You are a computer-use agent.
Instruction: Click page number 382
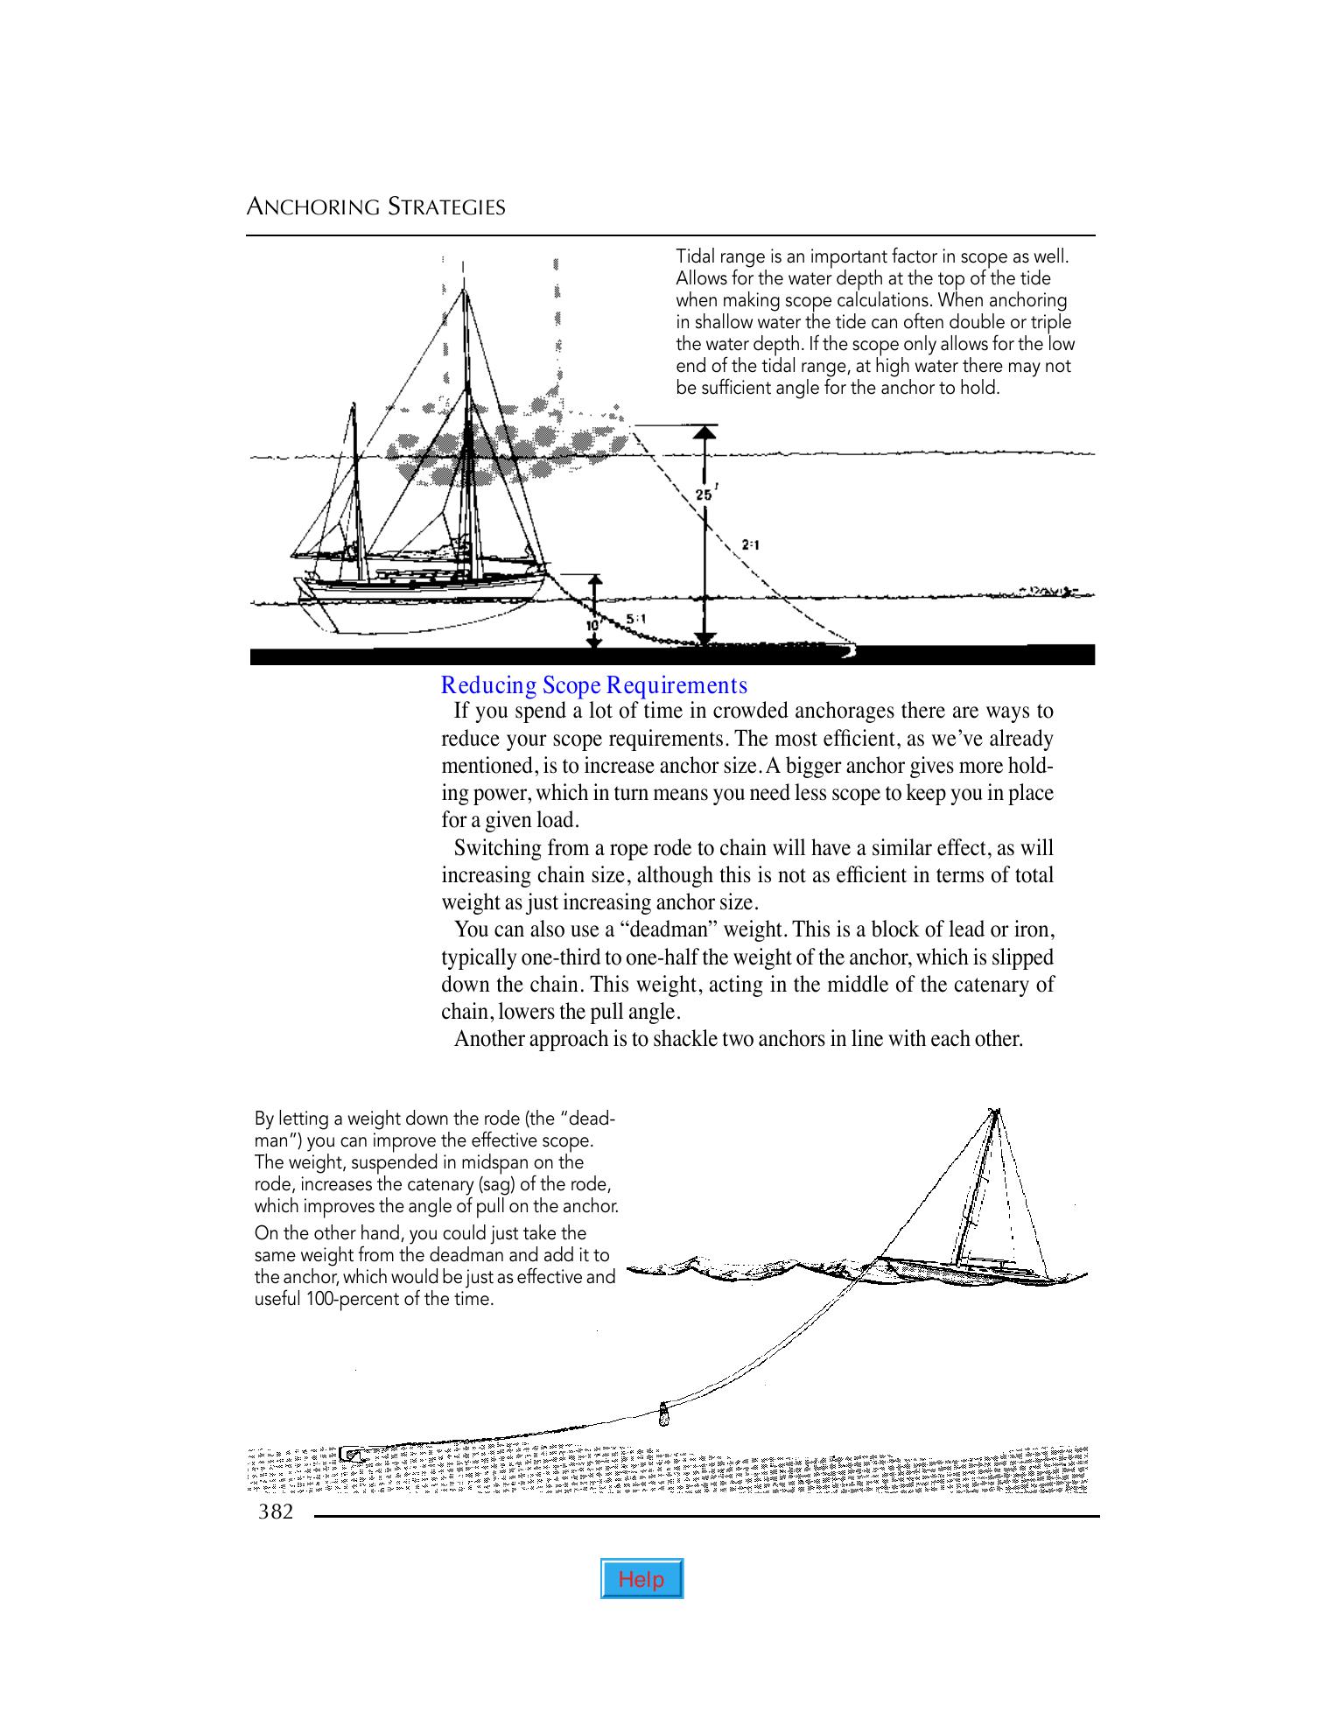pyautogui.click(x=275, y=1512)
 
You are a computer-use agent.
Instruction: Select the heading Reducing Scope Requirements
pyautogui.click(x=594, y=684)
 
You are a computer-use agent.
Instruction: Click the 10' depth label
pyautogui.click(x=592, y=626)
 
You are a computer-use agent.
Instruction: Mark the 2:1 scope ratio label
pyautogui.click(x=750, y=544)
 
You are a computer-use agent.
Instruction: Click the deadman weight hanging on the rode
pyautogui.click(x=663, y=1413)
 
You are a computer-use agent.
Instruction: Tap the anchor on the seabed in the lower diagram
pyautogui.click(x=352, y=1455)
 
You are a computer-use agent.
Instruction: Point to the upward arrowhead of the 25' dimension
pyautogui.click(x=705, y=431)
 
